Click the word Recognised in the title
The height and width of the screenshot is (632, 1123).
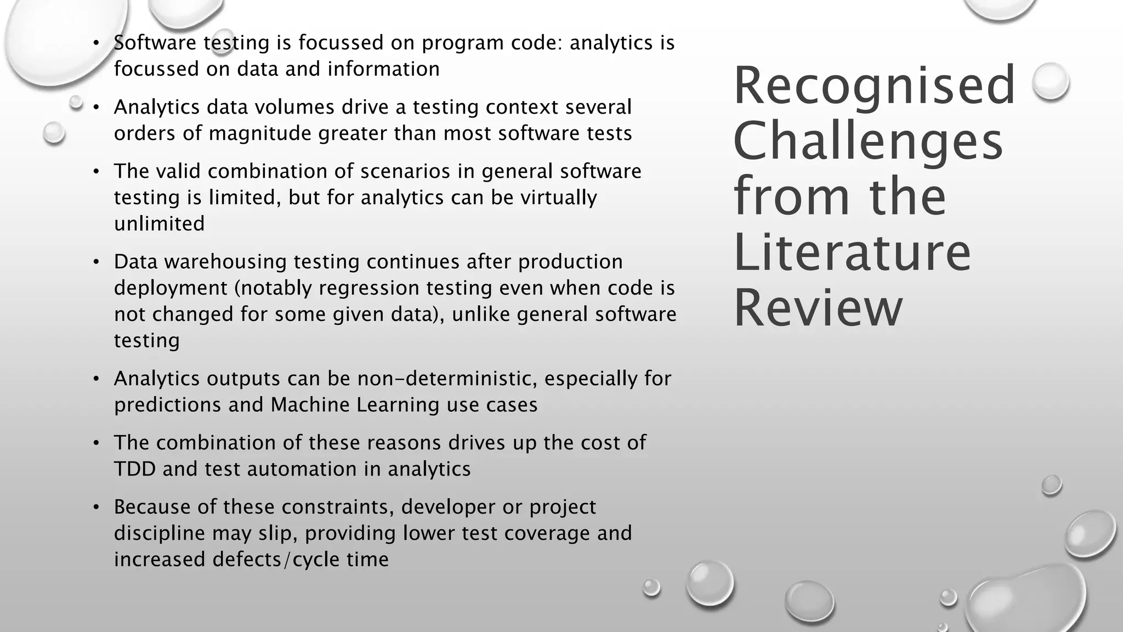click(x=874, y=86)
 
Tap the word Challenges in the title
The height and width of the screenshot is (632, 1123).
click(x=867, y=141)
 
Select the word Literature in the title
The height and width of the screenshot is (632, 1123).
click(x=852, y=252)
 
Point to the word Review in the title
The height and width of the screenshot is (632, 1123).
click(x=818, y=308)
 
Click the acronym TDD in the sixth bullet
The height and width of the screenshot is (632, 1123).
click(x=135, y=469)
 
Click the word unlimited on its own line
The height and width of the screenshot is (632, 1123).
click(x=159, y=224)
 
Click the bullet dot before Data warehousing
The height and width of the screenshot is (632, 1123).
click(x=96, y=262)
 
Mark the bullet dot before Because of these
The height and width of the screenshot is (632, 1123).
click(x=96, y=507)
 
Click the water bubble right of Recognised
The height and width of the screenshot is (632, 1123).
click(x=1050, y=81)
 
